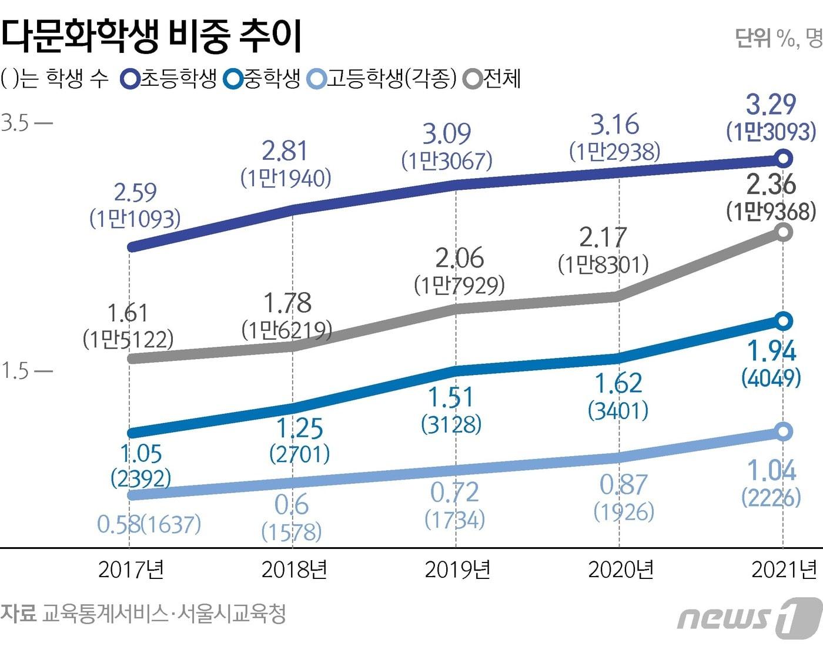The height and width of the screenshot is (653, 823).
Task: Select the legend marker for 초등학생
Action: pyautogui.click(x=129, y=79)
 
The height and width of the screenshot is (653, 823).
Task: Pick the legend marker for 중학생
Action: pyautogui.click(x=233, y=79)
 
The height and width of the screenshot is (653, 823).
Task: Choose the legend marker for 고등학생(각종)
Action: pyautogui.click(x=317, y=79)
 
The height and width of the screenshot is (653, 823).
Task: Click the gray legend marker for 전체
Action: pyautogui.click(x=473, y=79)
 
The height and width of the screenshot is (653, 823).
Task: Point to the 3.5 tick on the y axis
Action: pyautogui.click(x=15, y=124)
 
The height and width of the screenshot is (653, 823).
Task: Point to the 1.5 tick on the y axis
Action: pyautogui.click(x=15, y=371)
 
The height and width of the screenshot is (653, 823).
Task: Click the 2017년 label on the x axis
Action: pyautogui.click(x=131, y=570)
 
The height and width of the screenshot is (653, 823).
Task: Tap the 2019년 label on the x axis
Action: pyautogui.click(x=457, y=570)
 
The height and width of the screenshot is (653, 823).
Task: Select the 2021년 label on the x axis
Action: pyautogui.click(x=784, y=570)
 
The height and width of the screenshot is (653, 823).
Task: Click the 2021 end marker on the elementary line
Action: pyautogui.click(x=783, y=158)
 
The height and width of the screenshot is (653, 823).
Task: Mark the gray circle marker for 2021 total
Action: pyautogui.click(x=783, y=232)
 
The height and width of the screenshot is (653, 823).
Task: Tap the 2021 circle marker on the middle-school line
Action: pyautogui.click(x=783, y=321)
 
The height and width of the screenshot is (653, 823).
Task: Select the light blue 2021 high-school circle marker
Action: pyautogui.click(x=783, y=431)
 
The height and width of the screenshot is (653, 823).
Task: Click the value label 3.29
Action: pyautogui.click(x=771, y=105)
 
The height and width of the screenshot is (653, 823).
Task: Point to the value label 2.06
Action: pyautogui.click(x=459, y=259)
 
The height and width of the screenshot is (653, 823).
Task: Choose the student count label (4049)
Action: pyautogui.click(x=771, y=377)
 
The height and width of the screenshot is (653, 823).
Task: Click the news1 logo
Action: pyautogui.click(x=749, y=617)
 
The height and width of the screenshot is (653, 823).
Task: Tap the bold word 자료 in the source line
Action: pyautogui.click(x=19, y=614)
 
